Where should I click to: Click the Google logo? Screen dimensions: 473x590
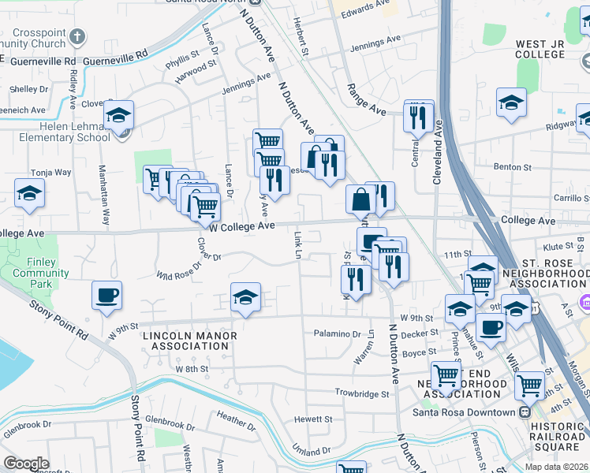coord(26,463)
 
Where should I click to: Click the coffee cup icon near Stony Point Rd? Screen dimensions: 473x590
coord(106,296)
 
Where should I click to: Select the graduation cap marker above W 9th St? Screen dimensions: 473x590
coord(245,298)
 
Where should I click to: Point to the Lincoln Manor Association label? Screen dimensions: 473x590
coord(189,341)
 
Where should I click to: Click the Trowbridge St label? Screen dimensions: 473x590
coord(362,393)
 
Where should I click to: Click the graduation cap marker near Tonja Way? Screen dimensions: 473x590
coord(30,194)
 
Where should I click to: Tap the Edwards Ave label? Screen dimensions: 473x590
coord(367,9)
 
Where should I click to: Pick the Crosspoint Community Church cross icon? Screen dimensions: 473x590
coord(77,36)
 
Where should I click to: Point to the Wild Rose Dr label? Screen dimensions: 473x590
coord(175,272)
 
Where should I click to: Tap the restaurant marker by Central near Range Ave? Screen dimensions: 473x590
coord(418,117)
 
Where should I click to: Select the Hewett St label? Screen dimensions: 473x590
coord(313,419)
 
